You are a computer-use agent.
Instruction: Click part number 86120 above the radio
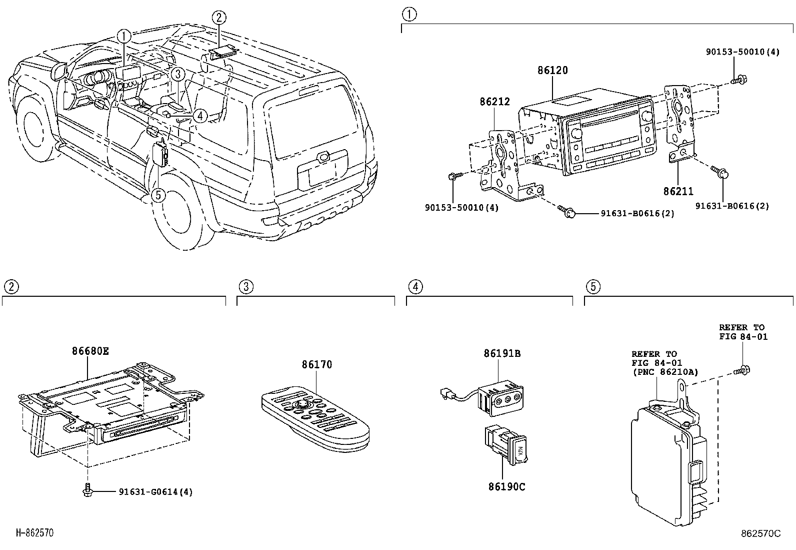click(x=552, y=71)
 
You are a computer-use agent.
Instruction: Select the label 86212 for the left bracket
click(x=494, y=102)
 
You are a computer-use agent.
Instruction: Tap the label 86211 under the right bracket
click(x=678, y=191)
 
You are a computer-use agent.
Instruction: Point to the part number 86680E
click(x=90, y=351)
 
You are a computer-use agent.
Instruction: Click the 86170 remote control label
click(x=316, y=364)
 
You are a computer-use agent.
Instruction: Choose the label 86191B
click(x=502, y=353)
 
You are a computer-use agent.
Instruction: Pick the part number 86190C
click(x=506, y=486)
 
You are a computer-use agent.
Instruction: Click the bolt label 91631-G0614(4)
click(x=155, y=492)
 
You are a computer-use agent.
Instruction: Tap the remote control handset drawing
click(x=315, y=418)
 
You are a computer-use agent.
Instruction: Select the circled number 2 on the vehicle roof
click(x=219, y=18)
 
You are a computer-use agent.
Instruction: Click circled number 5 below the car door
click(x=158, y=195)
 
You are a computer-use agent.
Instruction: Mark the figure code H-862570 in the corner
click(x=35, y=533)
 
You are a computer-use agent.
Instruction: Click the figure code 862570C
click(x=760, y=533)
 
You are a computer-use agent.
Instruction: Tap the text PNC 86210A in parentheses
click(x=665, y=372)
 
